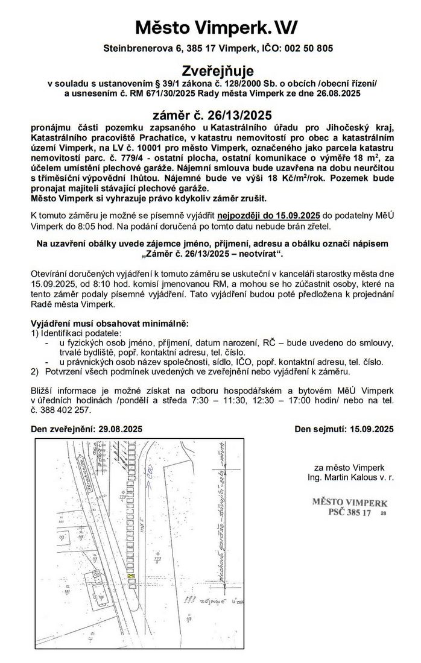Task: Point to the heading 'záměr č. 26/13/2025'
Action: (210, 115)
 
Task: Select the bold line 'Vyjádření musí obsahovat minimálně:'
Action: (109, 324)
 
